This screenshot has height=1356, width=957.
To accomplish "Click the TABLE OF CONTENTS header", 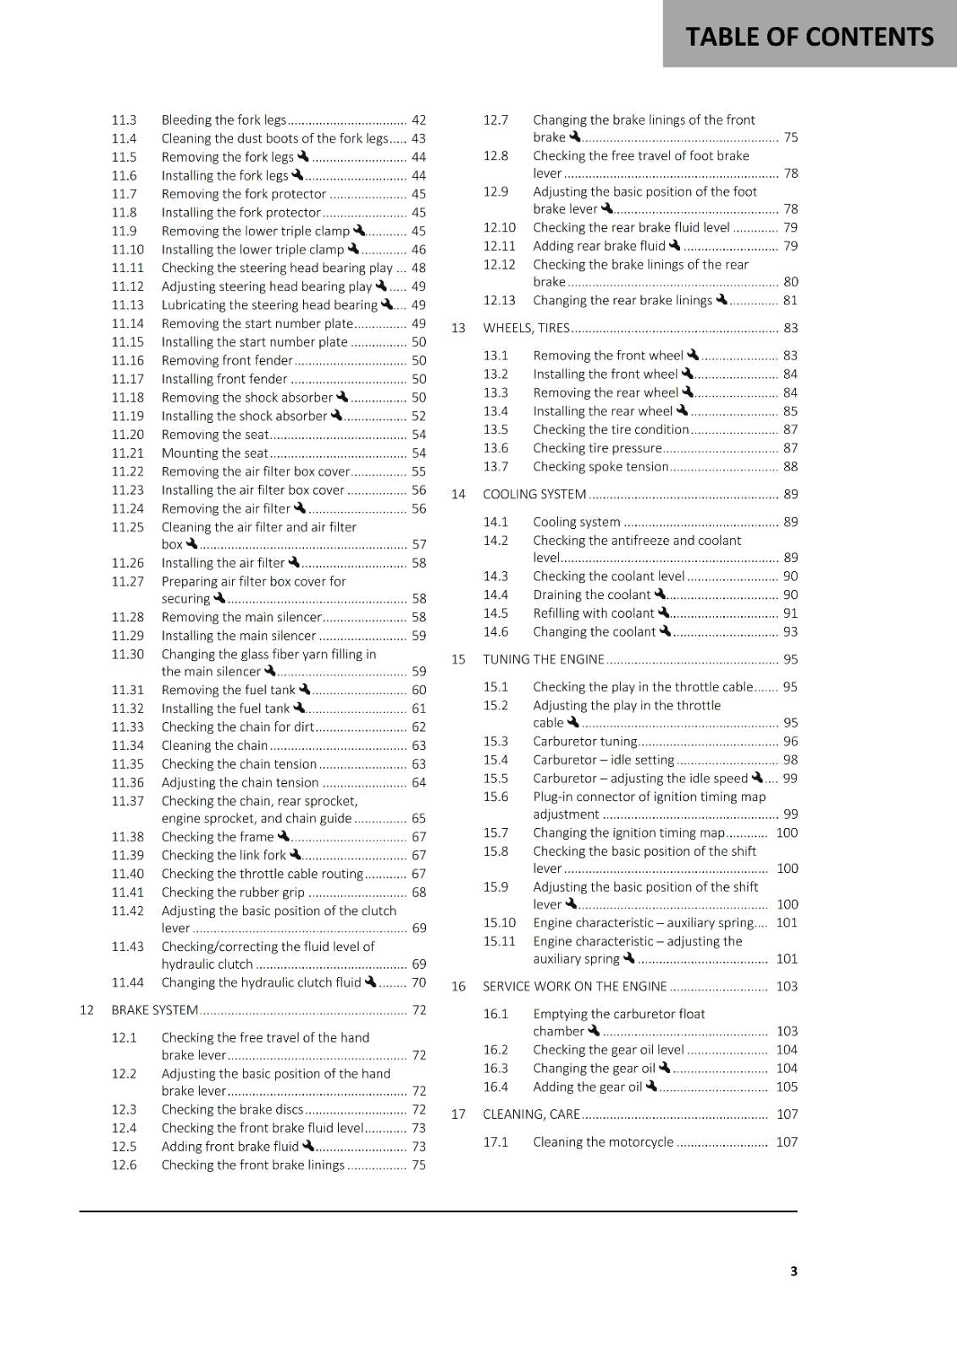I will [809, 36].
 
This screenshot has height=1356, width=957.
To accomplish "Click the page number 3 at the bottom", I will [794, 1270].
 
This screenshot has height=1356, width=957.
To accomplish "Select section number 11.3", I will [124, 120].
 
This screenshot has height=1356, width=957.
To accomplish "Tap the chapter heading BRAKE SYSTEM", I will [155, 1010].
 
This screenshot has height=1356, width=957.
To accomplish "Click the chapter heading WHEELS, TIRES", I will [526, 328].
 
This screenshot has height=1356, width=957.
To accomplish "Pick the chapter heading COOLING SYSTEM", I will [534, 494].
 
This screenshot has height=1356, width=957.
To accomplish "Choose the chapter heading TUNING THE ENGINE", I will [544, 659].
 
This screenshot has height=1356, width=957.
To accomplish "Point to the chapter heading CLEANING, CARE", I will [531, 1114].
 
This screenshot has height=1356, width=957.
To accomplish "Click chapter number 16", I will [458, 986].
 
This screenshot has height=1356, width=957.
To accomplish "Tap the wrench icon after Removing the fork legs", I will [303, 157].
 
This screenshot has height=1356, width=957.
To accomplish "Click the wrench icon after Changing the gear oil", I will [665, 1068].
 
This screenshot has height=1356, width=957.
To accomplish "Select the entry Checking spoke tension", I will [600, 467].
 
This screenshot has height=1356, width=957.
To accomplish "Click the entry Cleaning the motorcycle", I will [603, 1142].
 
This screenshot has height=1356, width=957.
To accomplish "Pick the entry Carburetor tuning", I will [584, 742].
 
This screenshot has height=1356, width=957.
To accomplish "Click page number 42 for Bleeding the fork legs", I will [418, 120].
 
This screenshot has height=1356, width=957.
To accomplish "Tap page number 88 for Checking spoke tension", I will [790, 467].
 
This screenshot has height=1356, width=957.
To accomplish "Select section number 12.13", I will [499, 301].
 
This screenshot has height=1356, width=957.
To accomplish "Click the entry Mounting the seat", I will [214, 453].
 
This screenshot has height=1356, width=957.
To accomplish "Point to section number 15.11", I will [499, 942].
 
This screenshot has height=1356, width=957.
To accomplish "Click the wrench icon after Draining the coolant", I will [661, 595].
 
